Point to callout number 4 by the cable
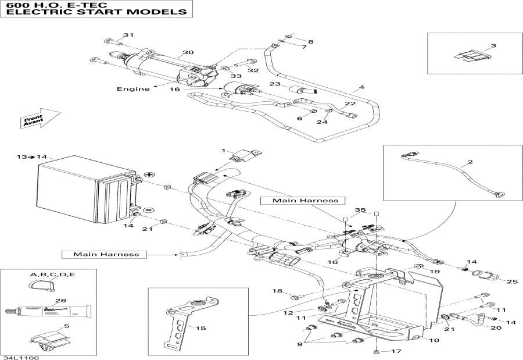(x=361, y=88)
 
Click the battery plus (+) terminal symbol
(x=148, y=174)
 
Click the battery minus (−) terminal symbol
(x=148, y=209)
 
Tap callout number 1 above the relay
(x=222, y=151)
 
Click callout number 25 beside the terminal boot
(x=511, y=282)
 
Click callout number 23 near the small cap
(x=275, y=84)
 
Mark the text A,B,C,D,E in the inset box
(x=52, y=274)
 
